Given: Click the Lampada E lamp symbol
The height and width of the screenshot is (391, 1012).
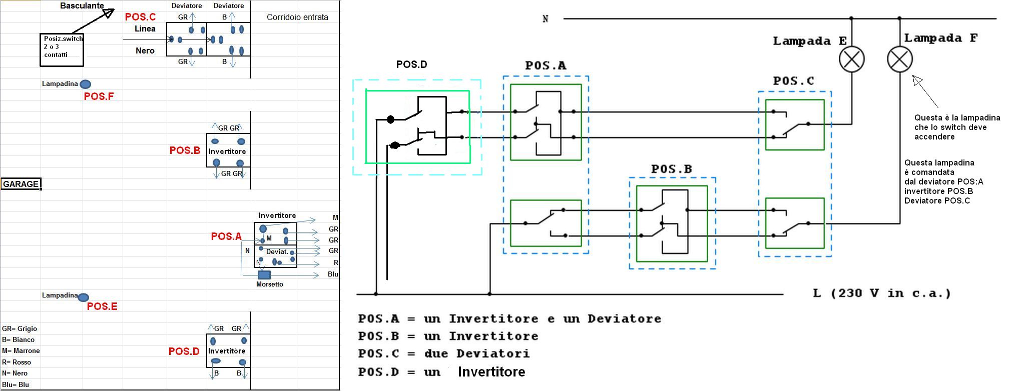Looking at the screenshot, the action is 851,59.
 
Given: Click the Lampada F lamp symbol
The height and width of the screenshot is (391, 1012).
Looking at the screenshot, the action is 900,59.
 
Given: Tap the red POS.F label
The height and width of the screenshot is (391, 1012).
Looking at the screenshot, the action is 99,96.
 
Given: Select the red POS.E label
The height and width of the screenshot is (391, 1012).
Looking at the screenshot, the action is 102,306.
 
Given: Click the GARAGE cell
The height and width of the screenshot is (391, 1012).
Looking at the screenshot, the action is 21,184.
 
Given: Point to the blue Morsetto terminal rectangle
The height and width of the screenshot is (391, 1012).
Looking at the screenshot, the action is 264,274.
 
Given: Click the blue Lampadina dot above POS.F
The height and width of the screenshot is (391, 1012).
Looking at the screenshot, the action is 86,84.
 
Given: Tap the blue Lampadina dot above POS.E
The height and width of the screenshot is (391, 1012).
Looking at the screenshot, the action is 84,297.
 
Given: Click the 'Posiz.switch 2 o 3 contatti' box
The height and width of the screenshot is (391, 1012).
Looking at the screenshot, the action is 62,49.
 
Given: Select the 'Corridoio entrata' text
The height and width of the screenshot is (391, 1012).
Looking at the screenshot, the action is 297,17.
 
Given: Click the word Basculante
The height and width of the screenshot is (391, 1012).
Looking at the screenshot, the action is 82,6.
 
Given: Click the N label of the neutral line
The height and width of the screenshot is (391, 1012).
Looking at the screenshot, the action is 545,19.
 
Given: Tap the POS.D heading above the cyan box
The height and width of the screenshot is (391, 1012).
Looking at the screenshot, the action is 411,64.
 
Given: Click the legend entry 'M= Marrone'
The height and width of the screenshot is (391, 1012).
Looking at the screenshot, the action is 21,351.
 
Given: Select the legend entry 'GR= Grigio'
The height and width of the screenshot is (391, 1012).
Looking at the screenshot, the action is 20,328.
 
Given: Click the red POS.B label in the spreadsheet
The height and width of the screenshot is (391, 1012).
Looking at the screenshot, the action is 185,150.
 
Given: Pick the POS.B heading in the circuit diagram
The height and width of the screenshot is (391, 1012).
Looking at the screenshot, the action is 671,169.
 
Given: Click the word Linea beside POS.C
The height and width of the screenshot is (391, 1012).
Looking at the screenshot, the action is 145,28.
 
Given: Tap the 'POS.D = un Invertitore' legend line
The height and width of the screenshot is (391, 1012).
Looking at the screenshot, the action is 442,372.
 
